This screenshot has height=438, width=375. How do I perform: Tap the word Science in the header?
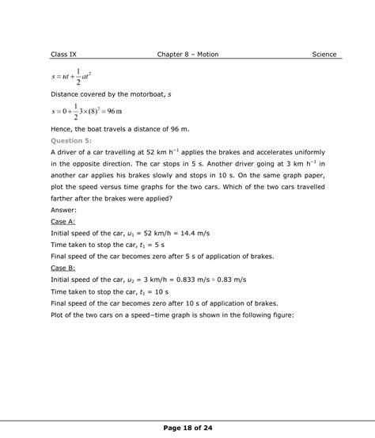click(x=324, y=55)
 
